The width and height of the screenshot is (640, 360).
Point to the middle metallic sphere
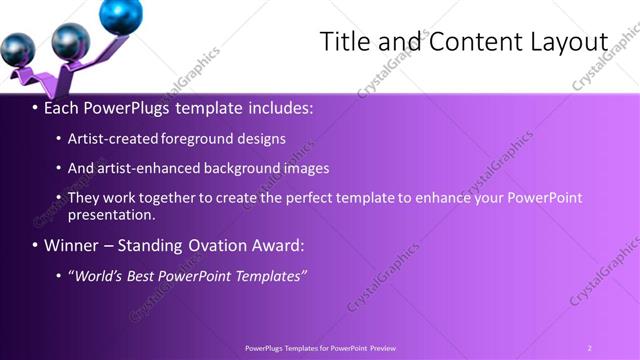(70, 41)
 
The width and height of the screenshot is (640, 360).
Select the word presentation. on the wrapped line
(112, 214)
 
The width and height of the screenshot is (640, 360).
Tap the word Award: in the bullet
(279, 245)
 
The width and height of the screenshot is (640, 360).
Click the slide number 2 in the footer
(589, 348)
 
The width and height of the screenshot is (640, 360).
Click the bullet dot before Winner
(35, 246)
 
